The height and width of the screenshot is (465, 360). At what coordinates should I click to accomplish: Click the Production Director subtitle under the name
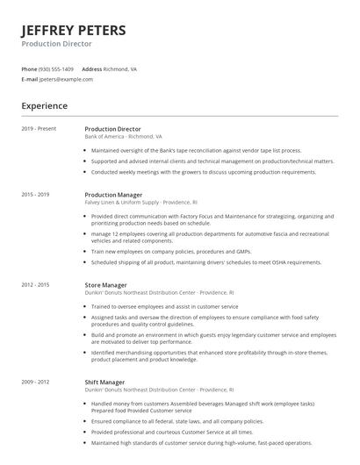tap(56, 43)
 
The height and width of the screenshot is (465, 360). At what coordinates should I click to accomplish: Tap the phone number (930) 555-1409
tap(57, 68)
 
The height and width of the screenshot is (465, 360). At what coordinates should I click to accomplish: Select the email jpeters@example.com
tap(66, 79)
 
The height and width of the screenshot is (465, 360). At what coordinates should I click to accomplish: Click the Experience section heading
tap(44, 106)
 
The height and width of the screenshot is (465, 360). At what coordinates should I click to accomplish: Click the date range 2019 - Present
tap(39, 129)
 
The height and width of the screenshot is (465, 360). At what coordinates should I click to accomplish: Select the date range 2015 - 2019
tap(35, 194)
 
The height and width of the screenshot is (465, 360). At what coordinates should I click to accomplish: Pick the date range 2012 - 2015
tap(35, 285)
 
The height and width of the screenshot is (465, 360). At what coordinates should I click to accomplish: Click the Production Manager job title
tap(113, 194)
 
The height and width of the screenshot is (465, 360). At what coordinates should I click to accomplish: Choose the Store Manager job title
tap(105, 285)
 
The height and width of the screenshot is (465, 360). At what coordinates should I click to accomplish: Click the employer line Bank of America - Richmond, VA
tap(123, 137)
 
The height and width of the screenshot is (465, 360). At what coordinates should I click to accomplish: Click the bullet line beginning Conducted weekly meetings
tap(204, 172)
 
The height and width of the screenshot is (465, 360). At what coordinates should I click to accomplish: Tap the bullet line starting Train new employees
tap(176, 251)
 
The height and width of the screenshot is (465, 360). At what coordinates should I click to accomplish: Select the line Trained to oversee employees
tap(164, 306)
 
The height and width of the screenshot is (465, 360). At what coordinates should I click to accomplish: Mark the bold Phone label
tap(29, 68)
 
